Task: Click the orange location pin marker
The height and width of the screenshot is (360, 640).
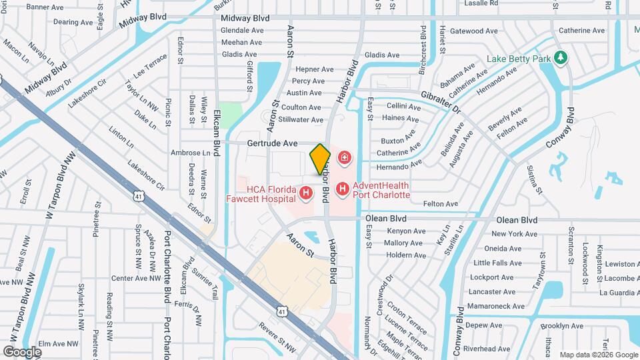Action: click(x=320, y=159)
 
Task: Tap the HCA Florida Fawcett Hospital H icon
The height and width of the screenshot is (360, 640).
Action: click(x=306, y=193)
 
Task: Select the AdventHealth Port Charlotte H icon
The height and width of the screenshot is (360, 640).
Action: click(x=342, y=189)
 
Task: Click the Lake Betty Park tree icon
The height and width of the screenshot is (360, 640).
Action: click(x=561, y=58)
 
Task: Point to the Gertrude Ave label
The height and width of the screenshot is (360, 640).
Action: click(x=272, y=143)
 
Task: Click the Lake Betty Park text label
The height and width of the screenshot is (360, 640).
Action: click(x=519, y=59)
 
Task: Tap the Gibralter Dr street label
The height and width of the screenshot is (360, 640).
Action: click(x=440, y=101)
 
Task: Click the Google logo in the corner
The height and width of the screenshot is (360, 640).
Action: click(x=22, y=351)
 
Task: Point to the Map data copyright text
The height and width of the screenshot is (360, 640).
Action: click(x=598, y=355)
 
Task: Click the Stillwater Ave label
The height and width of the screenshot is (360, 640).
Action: click(x=301, y=119)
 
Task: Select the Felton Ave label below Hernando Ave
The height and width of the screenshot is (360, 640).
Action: click(x=441, y=203)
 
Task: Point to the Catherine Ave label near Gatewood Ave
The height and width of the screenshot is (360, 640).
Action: click(x=581, y=30)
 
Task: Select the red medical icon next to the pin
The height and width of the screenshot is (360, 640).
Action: click(x=345, y=158)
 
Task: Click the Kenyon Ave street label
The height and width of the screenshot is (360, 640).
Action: click(x=405, y=231)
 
